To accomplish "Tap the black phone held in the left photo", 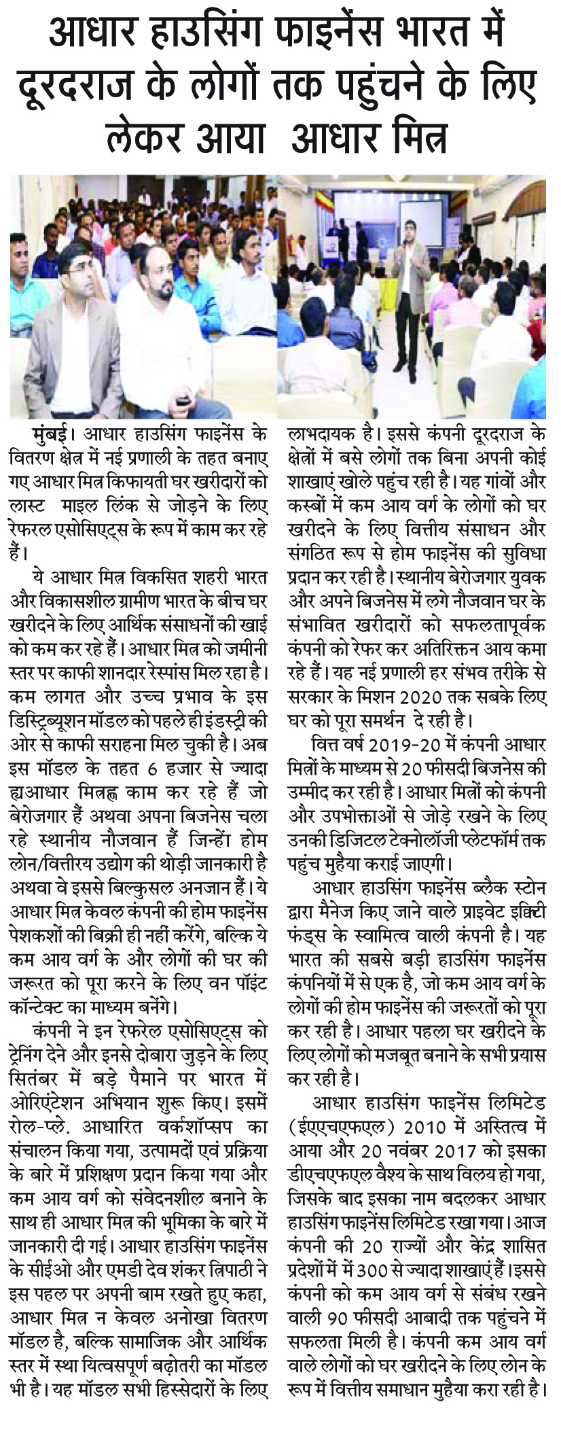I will [x=182, y=402].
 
